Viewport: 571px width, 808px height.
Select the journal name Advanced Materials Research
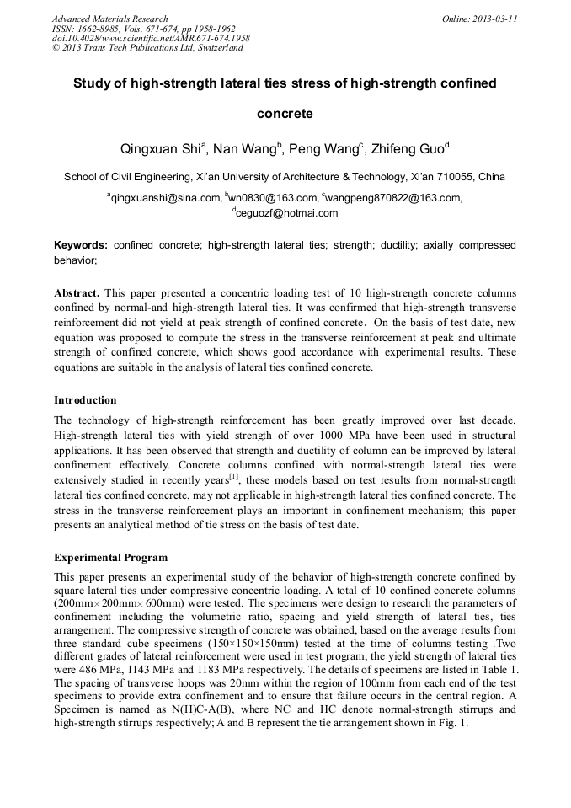(109, 19)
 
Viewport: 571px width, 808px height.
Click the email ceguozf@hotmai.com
(286, 213)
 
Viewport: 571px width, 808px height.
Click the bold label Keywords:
(81, 245)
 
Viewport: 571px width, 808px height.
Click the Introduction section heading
(85, 399)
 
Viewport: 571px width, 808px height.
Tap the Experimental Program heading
(110, 558)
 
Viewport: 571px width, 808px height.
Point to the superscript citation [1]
(234, 476)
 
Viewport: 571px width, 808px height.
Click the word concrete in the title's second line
(285, 114)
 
